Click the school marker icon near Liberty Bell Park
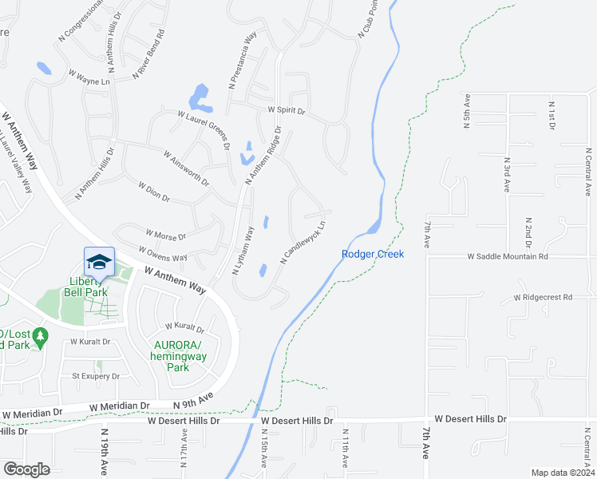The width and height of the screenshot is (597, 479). [x=100, y=263]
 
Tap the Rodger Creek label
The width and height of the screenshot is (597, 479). [x=373, y=254]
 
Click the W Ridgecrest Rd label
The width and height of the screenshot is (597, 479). [x=544, y=297]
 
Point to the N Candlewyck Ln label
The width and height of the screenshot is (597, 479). [x=303, y=243]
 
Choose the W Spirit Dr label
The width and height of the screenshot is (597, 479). [x=287, y=109]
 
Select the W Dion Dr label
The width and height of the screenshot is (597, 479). [x=154, y=192]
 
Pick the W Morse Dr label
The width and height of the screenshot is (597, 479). [x=166, y=237]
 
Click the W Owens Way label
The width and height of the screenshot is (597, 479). [x=168, y=258]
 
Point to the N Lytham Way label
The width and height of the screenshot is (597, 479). [x=243, y=250]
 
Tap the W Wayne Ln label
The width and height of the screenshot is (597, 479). [x=89, y=77]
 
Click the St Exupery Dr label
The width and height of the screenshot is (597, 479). [x=96, y=376]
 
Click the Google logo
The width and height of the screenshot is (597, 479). [x=26, y=469]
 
